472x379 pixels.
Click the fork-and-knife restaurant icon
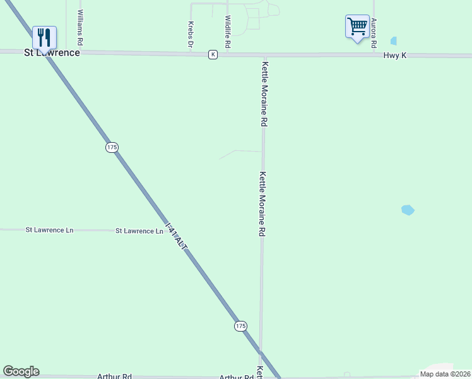coord(44,37)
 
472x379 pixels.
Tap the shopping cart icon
coord(357,27)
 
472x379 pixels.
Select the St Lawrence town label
coord(52,52)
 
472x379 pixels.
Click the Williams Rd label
coord(80,27)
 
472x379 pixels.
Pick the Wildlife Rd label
coord(228,32)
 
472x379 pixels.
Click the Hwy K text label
coord(395,56)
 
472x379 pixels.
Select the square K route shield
coord(213,55)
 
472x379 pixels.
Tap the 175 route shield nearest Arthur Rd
coord(240,326)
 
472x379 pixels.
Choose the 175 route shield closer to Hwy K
coord(112,147)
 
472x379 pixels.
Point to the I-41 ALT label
coord(176,238)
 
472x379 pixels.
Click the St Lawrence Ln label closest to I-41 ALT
coord(139,231)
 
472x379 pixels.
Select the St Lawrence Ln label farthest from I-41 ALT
coord(49,230)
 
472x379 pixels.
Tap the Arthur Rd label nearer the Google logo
coord(114,376)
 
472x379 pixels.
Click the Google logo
coord(21,371)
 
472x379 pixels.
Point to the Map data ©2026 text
coord(444,374)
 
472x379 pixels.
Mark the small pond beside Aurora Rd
coord(394,41)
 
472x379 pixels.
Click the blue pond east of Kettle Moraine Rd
coord(408,210)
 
